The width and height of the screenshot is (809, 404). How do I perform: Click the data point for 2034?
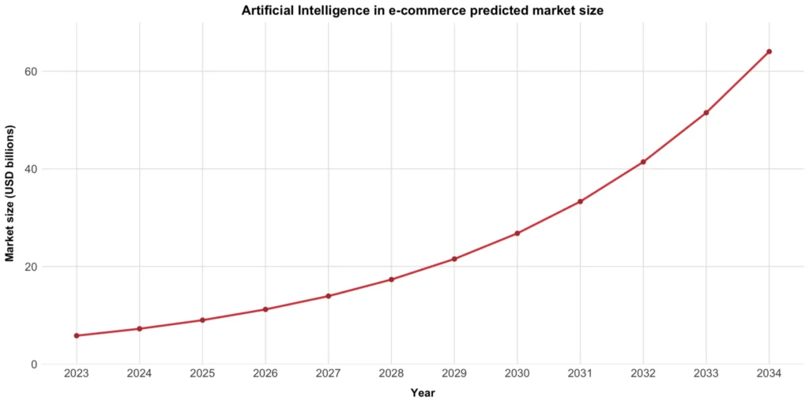tap(769, 52)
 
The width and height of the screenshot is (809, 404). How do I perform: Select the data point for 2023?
tap(77, 335)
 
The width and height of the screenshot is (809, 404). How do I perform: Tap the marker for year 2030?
tap(517, 234)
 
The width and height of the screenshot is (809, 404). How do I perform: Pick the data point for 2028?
tap(391, 279)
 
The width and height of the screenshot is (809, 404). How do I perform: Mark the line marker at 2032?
tap(643, 162)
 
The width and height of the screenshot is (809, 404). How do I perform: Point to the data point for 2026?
tap(265, 309)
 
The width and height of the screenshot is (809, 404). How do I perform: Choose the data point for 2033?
tap(706, 113)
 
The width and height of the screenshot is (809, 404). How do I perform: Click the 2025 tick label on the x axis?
tap(202, 373)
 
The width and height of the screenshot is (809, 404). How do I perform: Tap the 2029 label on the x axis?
tap(454, 373)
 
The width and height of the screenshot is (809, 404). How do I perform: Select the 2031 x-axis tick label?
tap(580, 373)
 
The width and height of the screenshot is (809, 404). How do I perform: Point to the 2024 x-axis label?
tap(139, 373)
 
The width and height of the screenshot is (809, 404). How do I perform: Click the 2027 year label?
tap(328, 373)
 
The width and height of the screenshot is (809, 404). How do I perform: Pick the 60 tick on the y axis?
tap(30, 71)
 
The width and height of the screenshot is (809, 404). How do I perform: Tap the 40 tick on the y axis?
tap(30, 169)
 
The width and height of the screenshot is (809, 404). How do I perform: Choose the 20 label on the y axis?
tap(30, 267)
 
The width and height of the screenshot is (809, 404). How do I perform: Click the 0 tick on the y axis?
tap(33, 365)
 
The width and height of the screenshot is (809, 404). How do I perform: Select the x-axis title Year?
tap(423, 392)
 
